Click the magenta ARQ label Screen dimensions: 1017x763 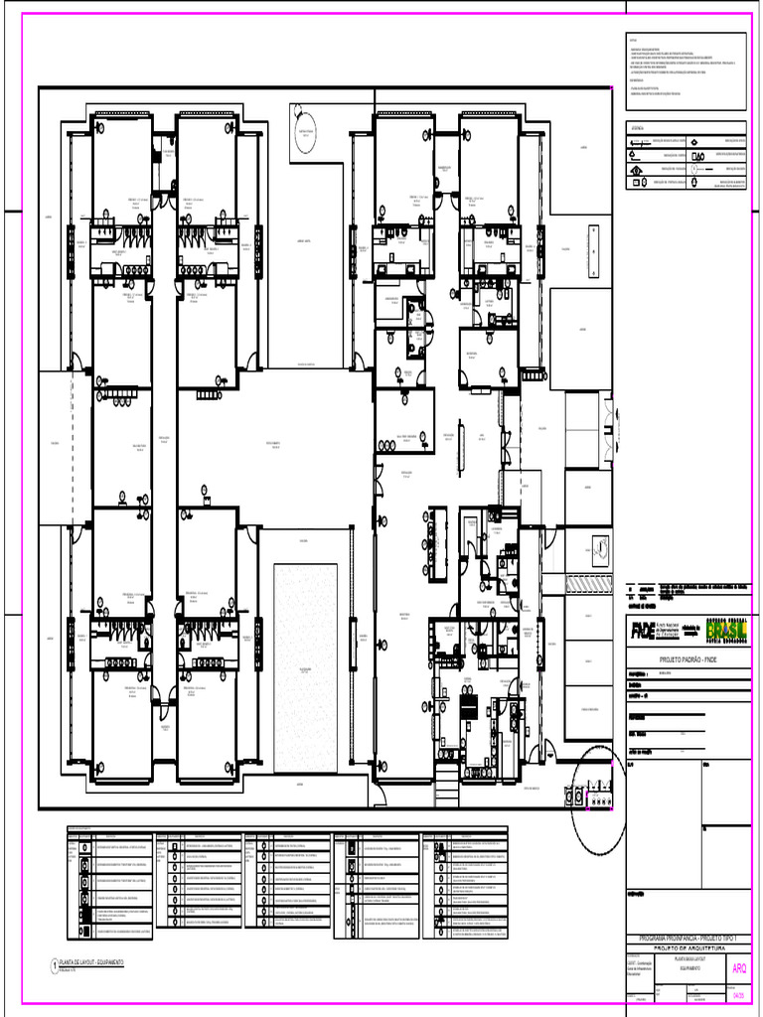pos(739,969)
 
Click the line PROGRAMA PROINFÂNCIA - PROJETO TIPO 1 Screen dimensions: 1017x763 pos(688,939)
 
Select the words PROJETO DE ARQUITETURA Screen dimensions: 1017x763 pos(688,948)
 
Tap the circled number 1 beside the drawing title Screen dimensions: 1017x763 pos(54,964)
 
